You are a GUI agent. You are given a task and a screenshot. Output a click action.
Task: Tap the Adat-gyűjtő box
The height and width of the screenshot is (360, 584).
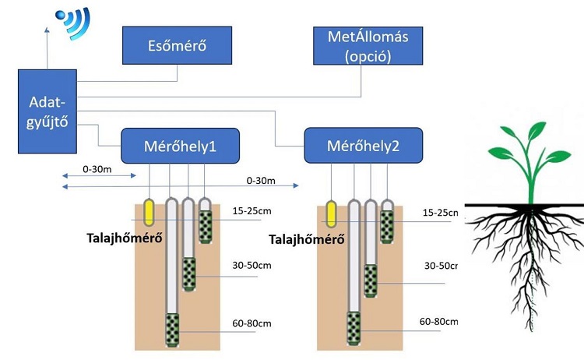tap(47, 111)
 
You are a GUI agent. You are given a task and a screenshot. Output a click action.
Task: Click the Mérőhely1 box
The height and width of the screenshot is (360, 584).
tap(179, 146)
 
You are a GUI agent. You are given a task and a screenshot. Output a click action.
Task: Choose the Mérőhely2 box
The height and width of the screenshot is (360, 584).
tap(363, 146)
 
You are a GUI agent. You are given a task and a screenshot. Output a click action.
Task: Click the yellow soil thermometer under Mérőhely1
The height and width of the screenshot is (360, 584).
tap(150, 212)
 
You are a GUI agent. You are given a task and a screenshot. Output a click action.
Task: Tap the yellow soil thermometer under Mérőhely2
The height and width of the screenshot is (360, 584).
tap(332, 213)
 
